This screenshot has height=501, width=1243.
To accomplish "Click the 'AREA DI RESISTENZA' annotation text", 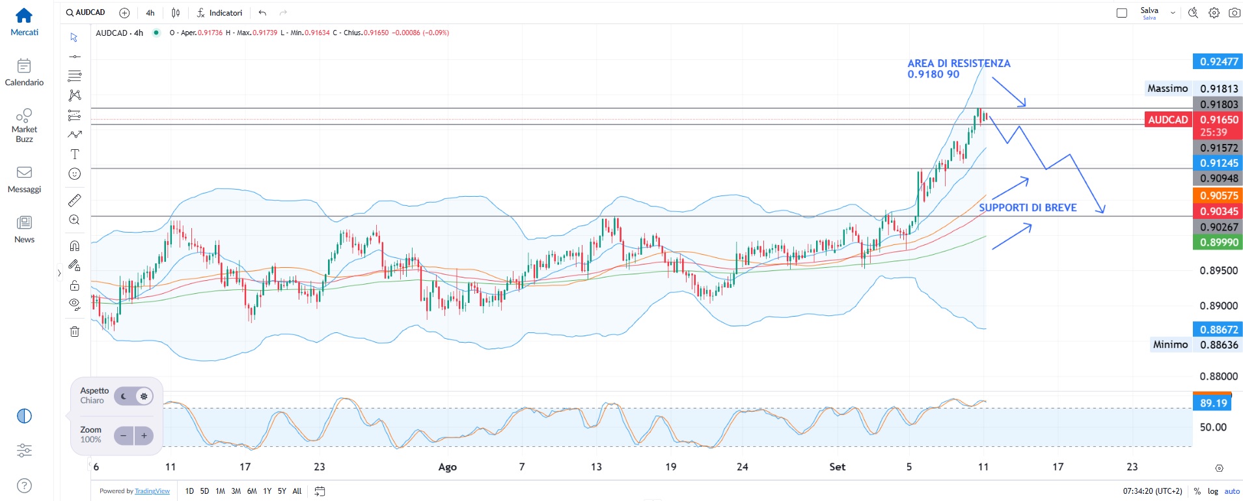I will (959, 63).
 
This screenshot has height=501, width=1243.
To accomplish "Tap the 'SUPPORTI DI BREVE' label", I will (1028, 208).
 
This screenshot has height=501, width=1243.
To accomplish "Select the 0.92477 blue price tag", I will (1218, 62).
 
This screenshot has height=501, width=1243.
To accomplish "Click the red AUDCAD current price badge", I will (1168, 120).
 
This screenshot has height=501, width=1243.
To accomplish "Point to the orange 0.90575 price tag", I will (1218, 195).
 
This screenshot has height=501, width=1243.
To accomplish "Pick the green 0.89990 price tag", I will (1218, 242).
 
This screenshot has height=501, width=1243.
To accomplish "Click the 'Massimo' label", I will (1168, 89).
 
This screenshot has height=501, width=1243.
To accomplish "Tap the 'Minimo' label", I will (1170, 345).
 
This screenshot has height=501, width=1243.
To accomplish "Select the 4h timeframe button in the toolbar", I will (150, 13).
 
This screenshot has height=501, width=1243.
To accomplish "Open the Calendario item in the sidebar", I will (24, 72).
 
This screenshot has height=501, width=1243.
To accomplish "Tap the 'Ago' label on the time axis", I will (448, 467).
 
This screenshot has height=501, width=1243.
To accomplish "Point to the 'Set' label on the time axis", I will (838, 467).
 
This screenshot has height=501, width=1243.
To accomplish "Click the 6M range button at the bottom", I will (252, 491).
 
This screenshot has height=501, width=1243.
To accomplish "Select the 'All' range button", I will (297, 491).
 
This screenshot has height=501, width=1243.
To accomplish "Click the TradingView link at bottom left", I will (152, 491).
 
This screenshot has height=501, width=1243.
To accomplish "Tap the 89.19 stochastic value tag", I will (1212, 403).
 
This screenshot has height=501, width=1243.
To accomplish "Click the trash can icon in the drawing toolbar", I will (75, 332).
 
